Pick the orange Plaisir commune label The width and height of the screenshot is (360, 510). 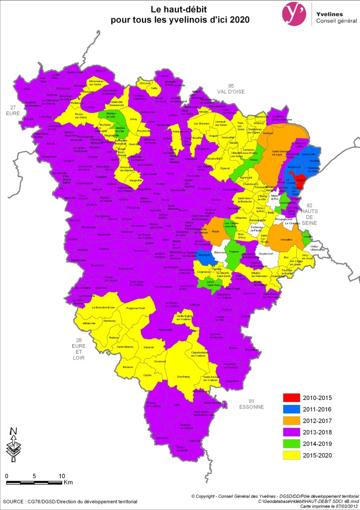point(215,231)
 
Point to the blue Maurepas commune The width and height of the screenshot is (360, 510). point(203,256)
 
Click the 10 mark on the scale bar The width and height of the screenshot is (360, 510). point(62,476)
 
